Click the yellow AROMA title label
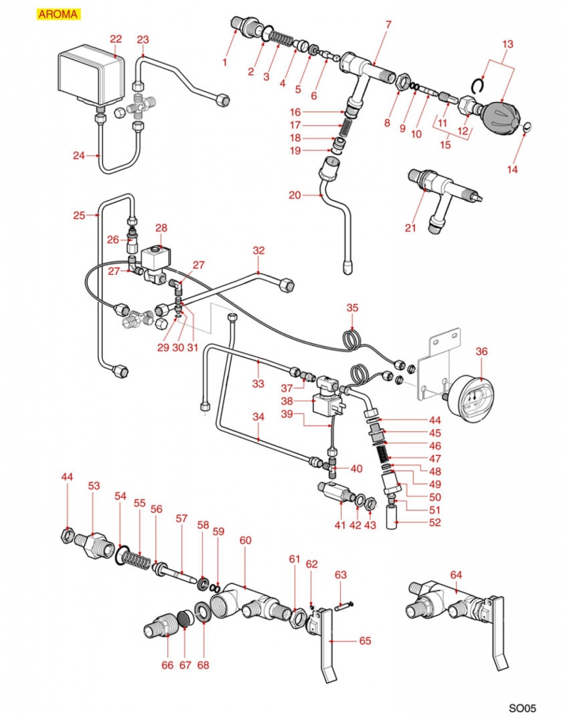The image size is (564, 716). [58, 14]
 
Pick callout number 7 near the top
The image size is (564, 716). [388, 25]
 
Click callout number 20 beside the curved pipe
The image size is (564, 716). [295, 195]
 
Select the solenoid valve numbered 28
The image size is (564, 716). [155, 260]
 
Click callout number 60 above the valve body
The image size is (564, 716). [245, 540]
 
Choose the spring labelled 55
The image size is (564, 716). [136, 560]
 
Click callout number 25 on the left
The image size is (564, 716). [79, 215]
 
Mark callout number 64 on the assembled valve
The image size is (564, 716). [456, 575]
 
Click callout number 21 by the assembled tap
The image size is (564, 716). [411, 227]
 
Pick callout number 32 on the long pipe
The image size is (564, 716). [259, 250]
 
